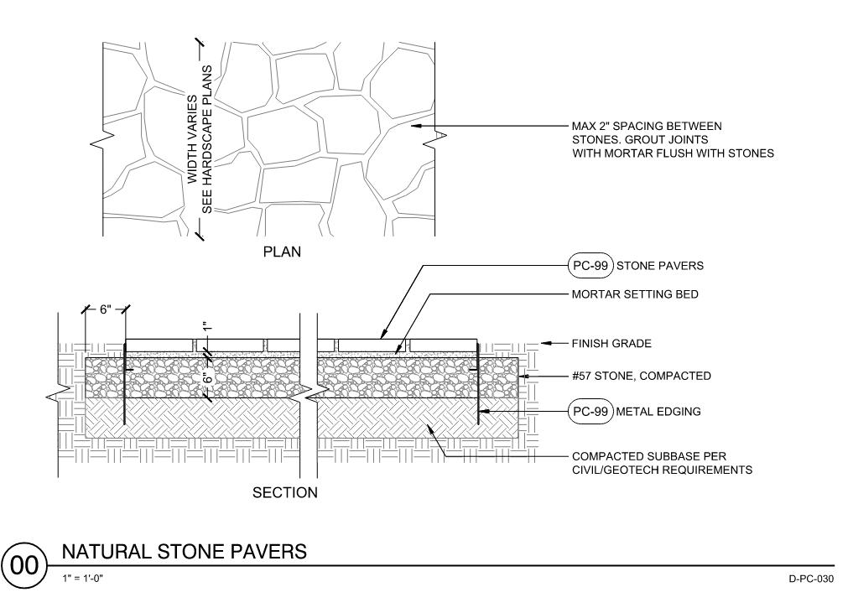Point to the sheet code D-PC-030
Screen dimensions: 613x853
(x=810, y=579)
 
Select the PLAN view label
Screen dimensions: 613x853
(x=282, y=252)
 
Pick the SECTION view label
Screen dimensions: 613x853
(x=285, y=492)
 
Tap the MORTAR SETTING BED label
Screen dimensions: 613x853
(x=635, y=294)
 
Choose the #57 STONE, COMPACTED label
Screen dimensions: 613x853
(x=641, y=377)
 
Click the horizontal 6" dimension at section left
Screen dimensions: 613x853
(x=105, y=309)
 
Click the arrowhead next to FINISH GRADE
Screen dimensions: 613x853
(x=544, y=343)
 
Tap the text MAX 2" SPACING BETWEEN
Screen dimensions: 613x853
(x=647, y=127)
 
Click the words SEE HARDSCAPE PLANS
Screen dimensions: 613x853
(x=208, y=139)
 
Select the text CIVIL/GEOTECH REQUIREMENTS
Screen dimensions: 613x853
(x=662, y=470)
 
